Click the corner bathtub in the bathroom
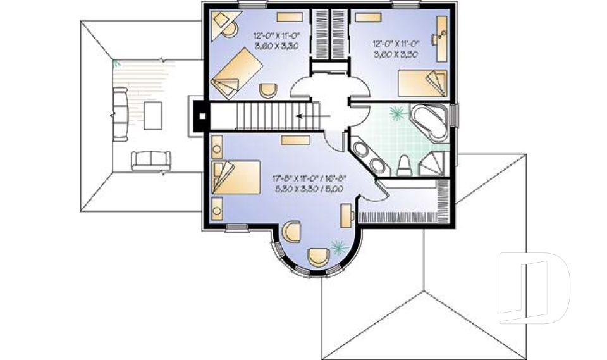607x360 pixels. click(x=431, y=122)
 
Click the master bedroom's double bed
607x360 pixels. click(x=238, y=176)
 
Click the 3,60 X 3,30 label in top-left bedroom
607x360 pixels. click(x=275, y=46)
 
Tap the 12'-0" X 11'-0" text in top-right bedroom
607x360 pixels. click(x=396, y=44)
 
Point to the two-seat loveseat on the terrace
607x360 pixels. click(x=150, y=160)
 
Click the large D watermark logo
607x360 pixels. click(x=534, y=285)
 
